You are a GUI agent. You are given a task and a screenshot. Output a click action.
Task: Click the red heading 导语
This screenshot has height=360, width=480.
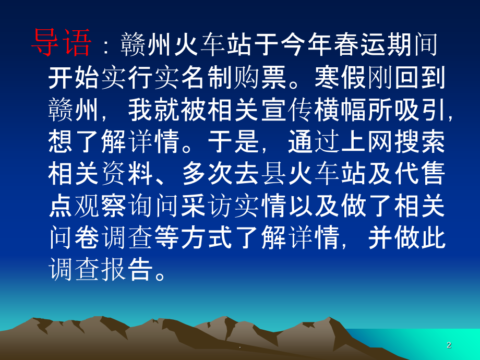click(x=61, y=43)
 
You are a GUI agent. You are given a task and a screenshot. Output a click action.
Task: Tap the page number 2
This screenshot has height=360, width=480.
click(x=449, y=345)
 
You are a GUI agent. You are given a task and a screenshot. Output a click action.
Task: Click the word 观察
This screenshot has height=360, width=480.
click(x=101, y=207)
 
